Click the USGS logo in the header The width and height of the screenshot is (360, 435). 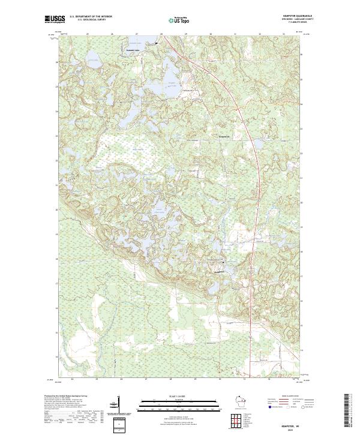(55, 19)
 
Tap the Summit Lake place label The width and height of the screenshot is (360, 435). (149, 44)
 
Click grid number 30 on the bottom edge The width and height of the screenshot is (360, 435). (220, 379)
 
